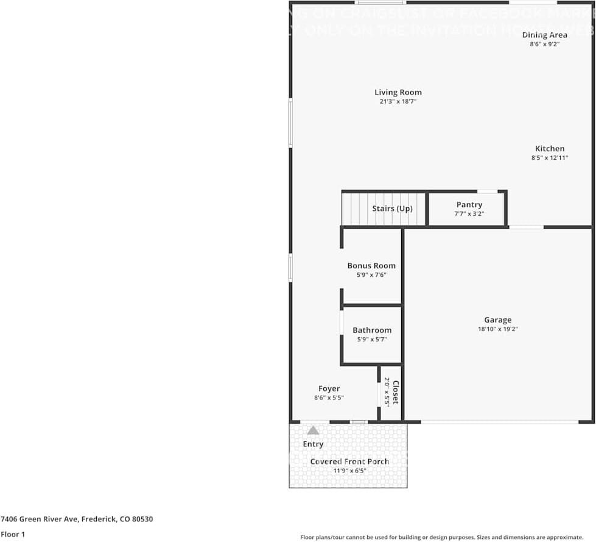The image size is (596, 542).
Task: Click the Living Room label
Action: pos(398,93)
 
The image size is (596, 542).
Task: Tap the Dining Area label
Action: pos(544,35)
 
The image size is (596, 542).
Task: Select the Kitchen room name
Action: pos(549,149)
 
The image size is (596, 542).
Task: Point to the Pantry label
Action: pos(469,205)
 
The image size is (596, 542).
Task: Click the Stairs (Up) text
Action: pos(392,209)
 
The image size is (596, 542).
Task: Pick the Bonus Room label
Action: pos(371,266)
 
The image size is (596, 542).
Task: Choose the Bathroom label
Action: pos(372,330)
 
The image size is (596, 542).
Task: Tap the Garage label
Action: pos(497,320)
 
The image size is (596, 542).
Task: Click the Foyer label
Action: pos(329,389)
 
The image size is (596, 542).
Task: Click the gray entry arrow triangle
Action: pos(313,430)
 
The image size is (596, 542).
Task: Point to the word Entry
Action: pos(313,444)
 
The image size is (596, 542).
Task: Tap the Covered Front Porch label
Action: pos(349,462)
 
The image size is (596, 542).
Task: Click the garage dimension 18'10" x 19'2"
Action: pos(497,329)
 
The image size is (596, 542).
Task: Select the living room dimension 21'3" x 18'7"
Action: pos(398,102)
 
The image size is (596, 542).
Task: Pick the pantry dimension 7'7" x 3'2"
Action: pos(469,214)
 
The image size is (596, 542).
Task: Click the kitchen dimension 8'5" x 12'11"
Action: pos(549,158)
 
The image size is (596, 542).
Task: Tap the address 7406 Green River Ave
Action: pos(40,519)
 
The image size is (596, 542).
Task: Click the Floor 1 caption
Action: pos(13,534)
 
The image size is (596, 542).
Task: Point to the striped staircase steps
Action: pos(355,209)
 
